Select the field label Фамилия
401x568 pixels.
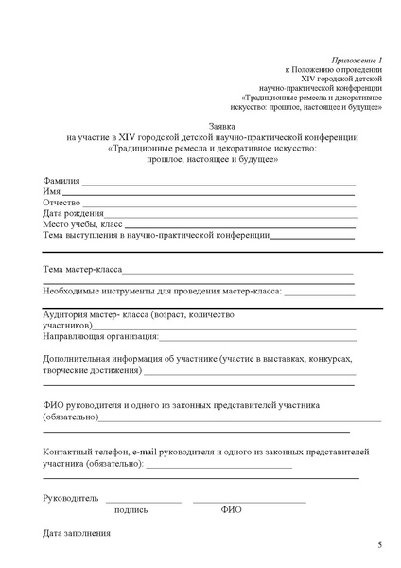tap(61, 181)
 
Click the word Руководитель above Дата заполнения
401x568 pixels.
tap(71, 496)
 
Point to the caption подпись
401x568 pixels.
tap(131, 509)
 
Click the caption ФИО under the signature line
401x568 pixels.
tap(232, 509)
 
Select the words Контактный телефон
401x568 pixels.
tap(86, 453)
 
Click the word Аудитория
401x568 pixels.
tap(70, 314)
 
